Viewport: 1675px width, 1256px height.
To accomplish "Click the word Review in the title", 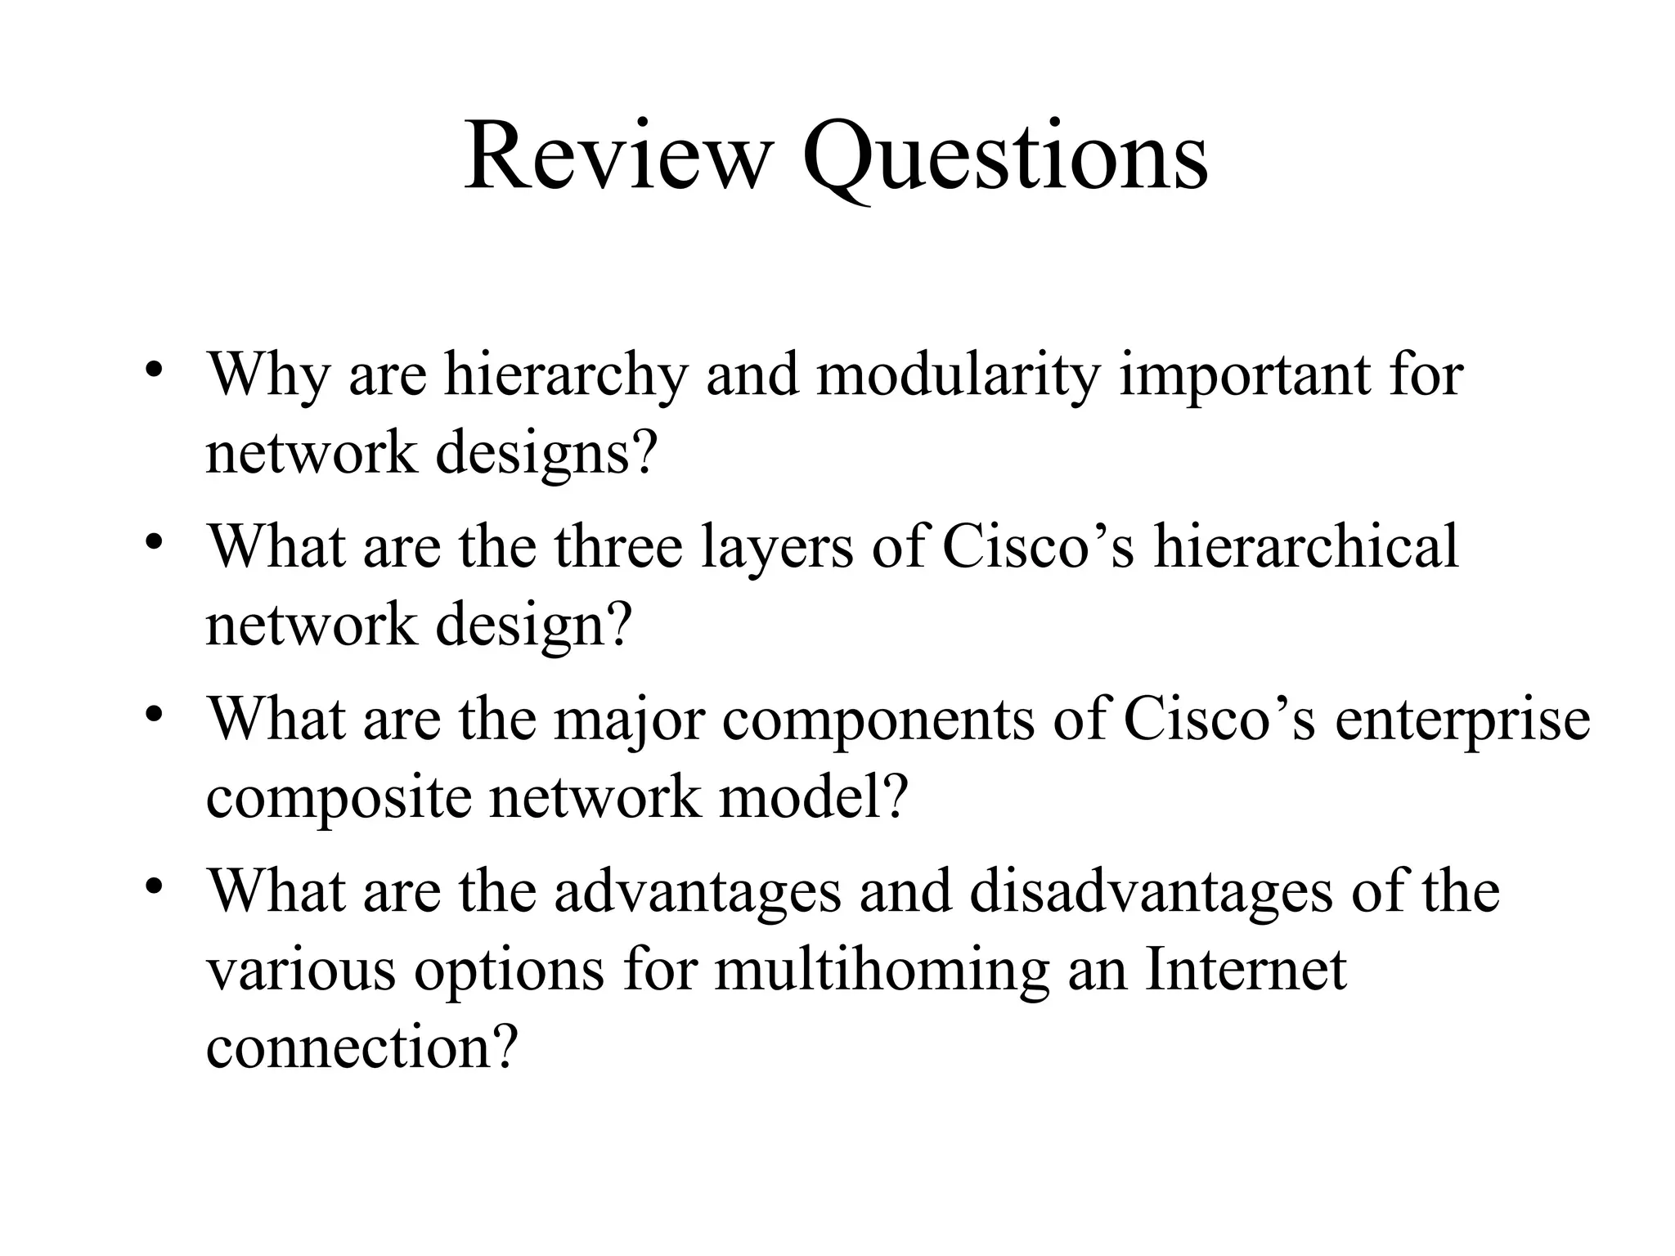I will coord(617,155).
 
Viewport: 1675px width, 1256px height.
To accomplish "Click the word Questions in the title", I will coord(1005,157).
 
